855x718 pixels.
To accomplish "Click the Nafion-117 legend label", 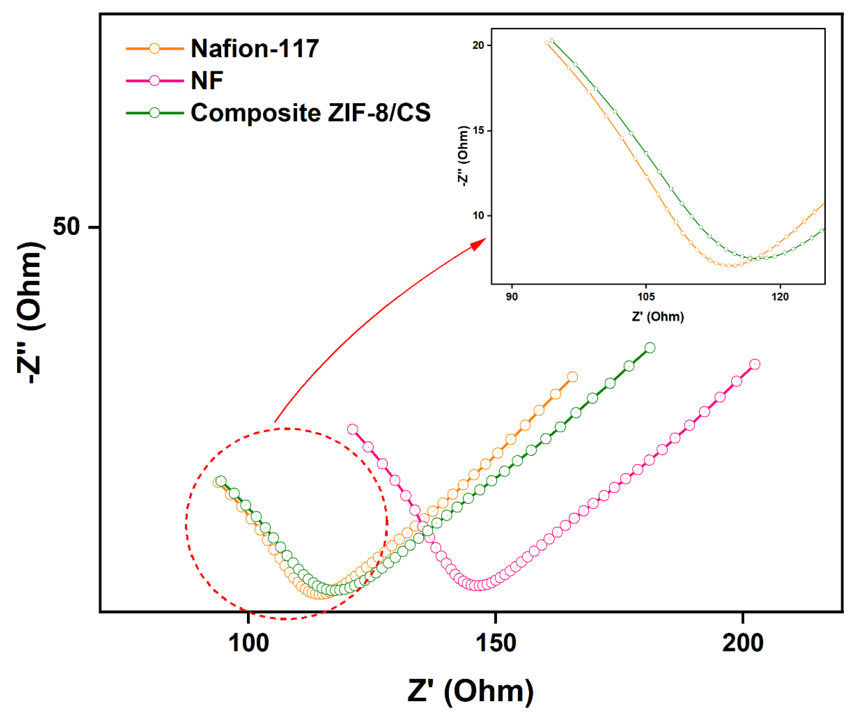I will [254, 49].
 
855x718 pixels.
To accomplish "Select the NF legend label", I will [207, 81].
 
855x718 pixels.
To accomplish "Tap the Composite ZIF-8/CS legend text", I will [310, 113].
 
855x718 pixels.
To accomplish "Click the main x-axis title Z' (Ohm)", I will [470, 691].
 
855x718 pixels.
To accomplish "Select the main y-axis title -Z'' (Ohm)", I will [31, 312].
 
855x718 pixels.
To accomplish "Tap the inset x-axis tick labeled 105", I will [646, 296].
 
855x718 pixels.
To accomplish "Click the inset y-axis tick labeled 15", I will [478, 131].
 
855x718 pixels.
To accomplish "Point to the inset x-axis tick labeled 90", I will [512, 296].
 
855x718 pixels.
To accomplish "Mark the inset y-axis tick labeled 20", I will [478, 45].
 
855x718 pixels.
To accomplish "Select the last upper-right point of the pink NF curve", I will [755, 364].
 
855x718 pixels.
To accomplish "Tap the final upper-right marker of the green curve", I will [650, 348].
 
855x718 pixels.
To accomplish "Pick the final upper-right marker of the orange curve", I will [572, 377].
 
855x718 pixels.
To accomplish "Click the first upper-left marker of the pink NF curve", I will [353, 429].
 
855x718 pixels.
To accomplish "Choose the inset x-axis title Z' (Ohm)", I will [658, 317].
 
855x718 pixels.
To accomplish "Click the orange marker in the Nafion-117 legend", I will [154, 49].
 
